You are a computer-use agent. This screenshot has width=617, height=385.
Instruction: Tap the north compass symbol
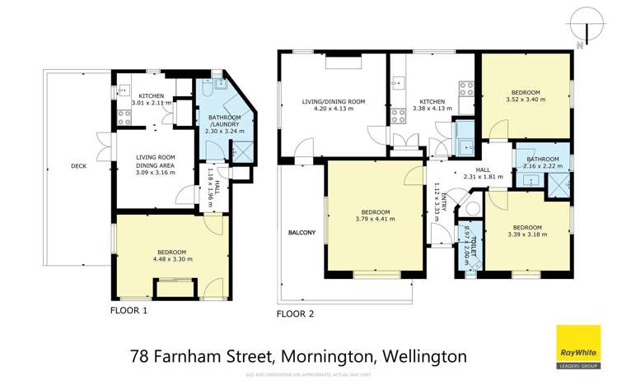point(586,24)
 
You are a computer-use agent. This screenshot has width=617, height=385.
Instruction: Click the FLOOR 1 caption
point(129,311)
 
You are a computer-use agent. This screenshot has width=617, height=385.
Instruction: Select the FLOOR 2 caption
point(295,313)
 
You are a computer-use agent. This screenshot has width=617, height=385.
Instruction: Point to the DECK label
point(78,166)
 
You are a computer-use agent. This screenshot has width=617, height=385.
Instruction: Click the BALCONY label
point(301,233)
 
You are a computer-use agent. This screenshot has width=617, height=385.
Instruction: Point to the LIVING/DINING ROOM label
point(334,102)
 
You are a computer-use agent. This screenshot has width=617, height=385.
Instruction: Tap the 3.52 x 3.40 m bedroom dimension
point(525,100)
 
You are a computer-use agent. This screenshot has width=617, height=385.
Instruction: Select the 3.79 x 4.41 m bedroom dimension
point(375,219)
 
